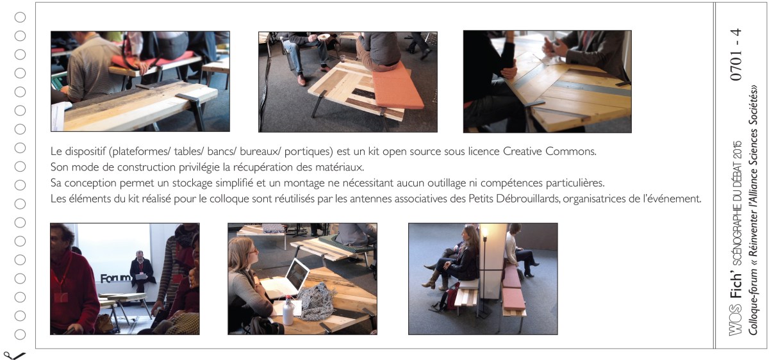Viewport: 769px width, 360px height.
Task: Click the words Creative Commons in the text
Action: [549, 151]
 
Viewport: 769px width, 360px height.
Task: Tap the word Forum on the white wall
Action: [115, 278]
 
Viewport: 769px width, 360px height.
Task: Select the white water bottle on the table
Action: [288, 311]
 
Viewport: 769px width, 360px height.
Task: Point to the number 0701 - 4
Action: [736, 54]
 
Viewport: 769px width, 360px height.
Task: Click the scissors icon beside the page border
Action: [13, 356]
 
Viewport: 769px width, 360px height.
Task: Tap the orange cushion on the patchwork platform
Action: [397, 88]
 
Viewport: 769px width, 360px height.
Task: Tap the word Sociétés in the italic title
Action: [753, 103]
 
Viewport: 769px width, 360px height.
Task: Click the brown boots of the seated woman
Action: [432, 280]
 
